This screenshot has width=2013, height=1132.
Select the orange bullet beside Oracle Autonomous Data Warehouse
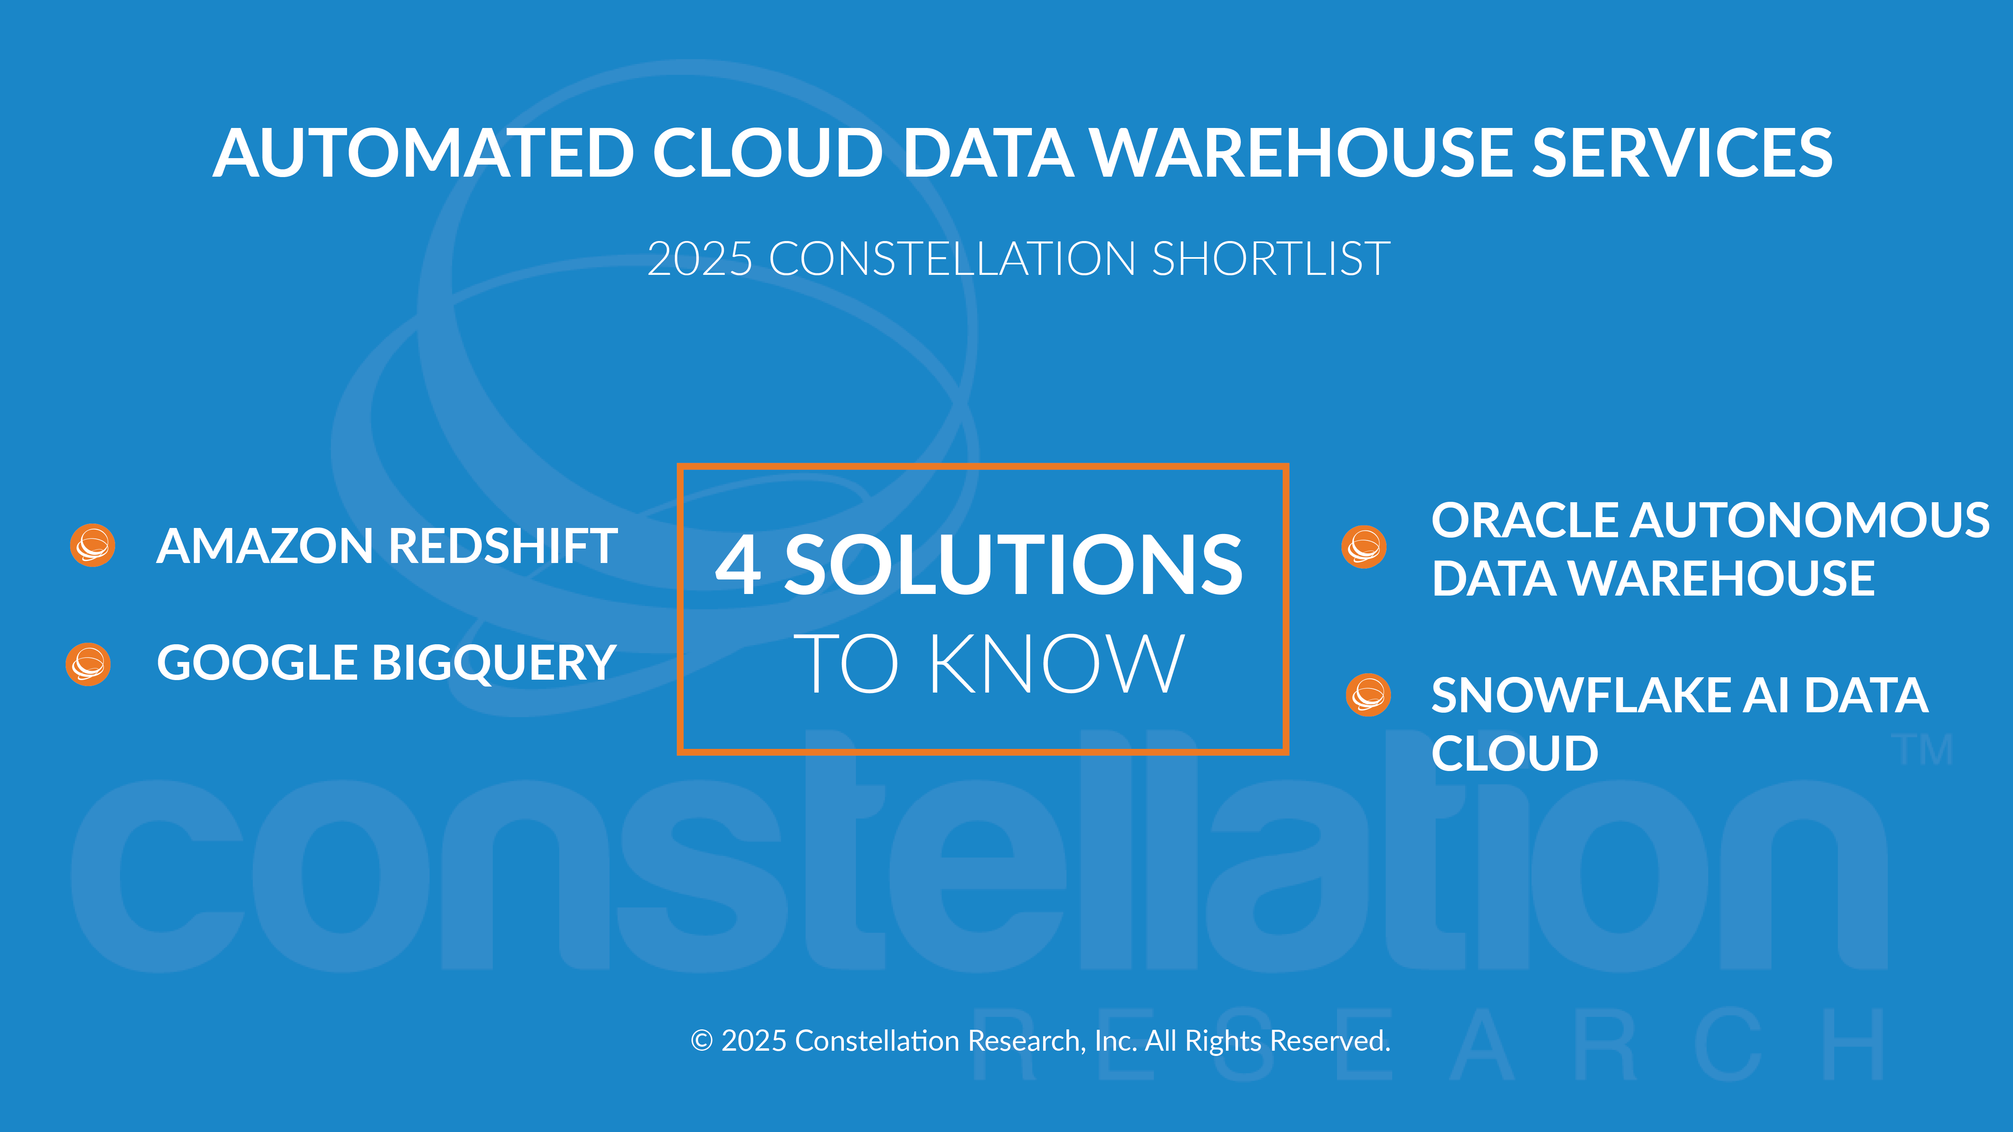tap(1364, 547)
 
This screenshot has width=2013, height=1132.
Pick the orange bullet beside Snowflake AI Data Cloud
tap(1368, 695)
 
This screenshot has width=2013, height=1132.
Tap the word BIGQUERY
tap(494, 663)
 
